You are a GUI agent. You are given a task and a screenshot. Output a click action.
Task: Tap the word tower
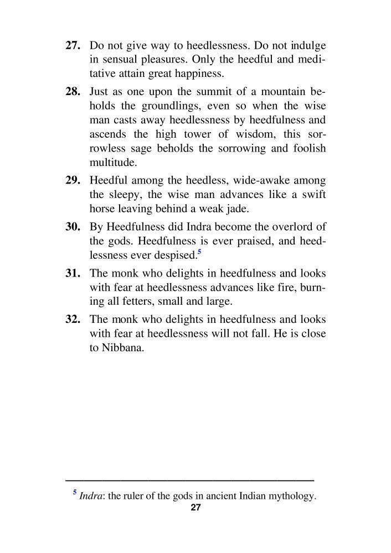190,134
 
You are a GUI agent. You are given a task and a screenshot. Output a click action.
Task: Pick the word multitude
111,163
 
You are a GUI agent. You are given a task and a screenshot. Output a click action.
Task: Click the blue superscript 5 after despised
199,252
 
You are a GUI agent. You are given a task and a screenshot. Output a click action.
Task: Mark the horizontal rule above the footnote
189,479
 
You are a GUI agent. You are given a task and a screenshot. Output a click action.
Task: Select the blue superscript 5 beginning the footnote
75,492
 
